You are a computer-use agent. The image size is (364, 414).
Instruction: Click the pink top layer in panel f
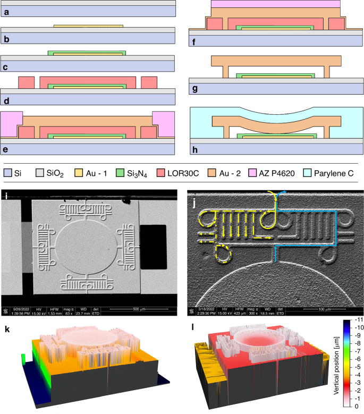point(275,4)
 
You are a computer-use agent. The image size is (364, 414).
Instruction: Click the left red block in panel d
point(27,83)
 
